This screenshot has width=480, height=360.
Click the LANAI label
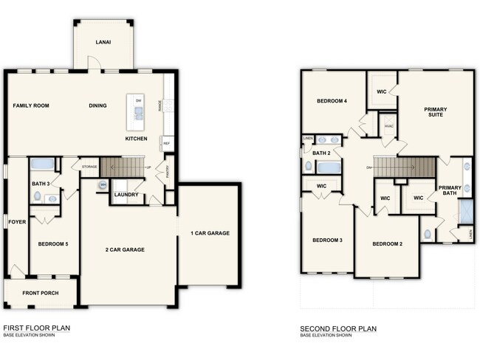[103, 43]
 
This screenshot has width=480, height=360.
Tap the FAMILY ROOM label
[31, 105]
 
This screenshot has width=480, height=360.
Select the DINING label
[97, 105]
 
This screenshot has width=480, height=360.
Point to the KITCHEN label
[136, 139]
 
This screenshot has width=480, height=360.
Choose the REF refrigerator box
[167, 143]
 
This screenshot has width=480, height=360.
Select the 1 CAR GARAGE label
[210, 233]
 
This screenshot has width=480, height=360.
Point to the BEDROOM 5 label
[53, 243]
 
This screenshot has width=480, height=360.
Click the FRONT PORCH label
[40, 293]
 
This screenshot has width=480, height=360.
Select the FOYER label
[15, 221]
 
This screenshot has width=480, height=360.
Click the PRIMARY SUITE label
[435, 113]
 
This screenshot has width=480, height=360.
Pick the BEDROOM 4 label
[332, 101]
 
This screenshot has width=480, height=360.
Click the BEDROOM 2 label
[387, 243]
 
